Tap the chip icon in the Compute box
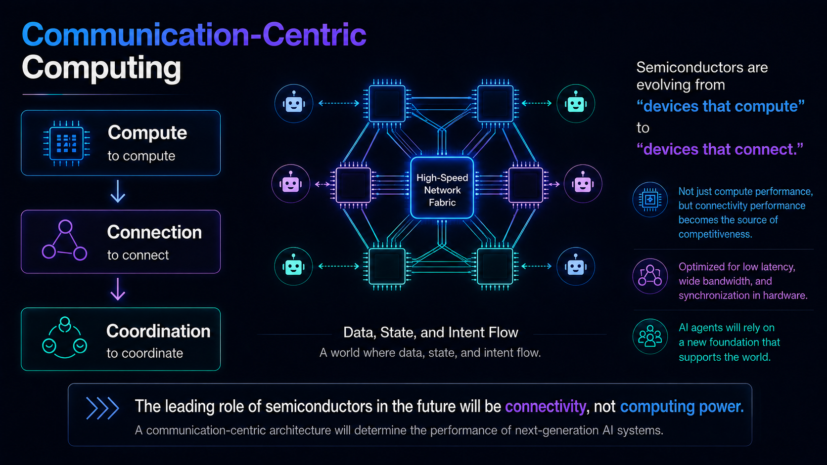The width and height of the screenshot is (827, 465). click(x=66, y=143)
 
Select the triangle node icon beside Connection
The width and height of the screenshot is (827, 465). click(x=65, y=240)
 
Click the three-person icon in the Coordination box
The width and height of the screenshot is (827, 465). click(x=65, y=338)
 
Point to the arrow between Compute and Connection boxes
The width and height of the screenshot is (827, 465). click(x=118, y=191)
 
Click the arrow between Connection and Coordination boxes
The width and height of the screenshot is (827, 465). click(x=118, y=289)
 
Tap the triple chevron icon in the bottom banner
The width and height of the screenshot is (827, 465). click(x=102, y=408)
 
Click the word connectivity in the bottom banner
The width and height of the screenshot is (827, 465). click(x=545, y=406)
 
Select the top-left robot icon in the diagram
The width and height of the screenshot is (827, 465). click(x=294, y=103)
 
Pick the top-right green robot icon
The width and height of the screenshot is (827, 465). click(x=576, y=103)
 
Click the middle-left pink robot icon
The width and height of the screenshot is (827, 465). click(x=291, y=184)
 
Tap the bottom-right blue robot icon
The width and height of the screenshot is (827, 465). click(x=576, y=266)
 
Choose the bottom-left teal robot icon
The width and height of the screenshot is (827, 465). click(x=293, y=266)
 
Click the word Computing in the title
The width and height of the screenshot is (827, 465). click(x=101, y=68)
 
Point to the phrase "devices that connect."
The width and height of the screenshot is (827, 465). click(x=720, y=149)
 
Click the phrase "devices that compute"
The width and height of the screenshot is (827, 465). click(x=720, y=106)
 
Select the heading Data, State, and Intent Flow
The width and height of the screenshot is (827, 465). click(x=430, y=332)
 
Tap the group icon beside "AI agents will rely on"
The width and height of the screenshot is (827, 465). click(x=650, y=337)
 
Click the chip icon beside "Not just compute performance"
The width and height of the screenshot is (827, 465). click(x=650, y=200)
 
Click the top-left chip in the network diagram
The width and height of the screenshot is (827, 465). click(x=387, y=104)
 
